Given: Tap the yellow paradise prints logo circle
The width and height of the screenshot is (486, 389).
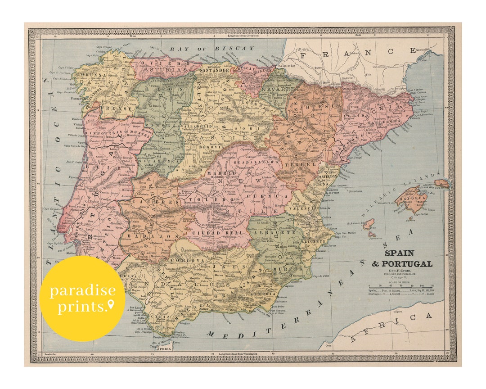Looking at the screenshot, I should [82, 298].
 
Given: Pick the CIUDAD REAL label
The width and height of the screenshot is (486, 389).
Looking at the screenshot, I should [210, 232].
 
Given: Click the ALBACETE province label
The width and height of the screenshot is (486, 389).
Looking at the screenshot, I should [267, 232].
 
